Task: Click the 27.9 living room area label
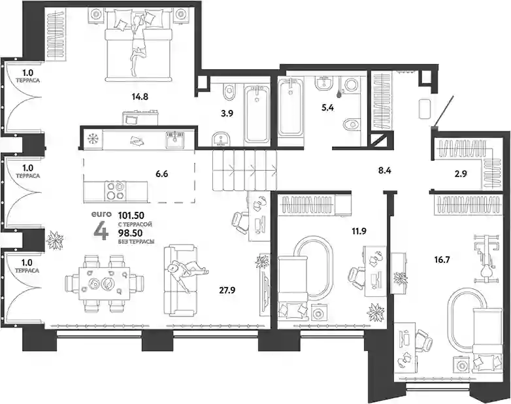click(227, 290)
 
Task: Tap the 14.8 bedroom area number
click(140, 97)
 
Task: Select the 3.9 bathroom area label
click(227, 114)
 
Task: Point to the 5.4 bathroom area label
click(327, 108)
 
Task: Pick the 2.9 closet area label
click(461, 174)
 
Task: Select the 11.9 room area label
click(359, 231)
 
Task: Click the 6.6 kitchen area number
click(161, 174)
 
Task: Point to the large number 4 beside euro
click(101, 231)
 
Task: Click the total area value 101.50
click(131, 216)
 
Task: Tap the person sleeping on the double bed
click(137, 46)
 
